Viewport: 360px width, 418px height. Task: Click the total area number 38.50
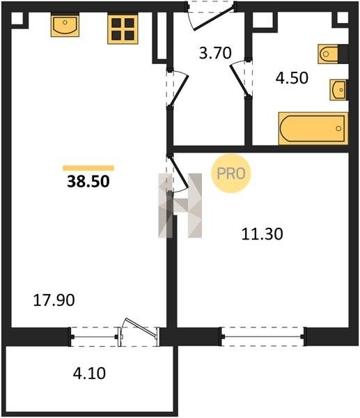88,182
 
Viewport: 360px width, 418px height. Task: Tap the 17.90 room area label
54,300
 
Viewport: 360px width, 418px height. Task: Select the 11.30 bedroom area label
263,234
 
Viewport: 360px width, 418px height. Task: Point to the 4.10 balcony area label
89,373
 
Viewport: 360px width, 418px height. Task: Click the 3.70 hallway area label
215,53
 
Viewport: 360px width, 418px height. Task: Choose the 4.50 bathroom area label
292,78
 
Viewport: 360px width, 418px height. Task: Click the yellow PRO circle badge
231,173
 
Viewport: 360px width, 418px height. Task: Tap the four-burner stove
123,29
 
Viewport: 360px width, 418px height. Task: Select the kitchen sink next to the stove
65,25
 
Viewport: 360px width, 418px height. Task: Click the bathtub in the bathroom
313,128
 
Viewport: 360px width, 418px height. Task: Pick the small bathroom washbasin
338,90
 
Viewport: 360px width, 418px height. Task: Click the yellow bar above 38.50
88,168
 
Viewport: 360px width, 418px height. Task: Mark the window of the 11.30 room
263,336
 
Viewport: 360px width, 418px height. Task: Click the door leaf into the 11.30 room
179,171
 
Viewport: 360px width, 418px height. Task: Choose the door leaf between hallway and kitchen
179,91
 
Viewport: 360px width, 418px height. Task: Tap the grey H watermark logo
180,206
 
